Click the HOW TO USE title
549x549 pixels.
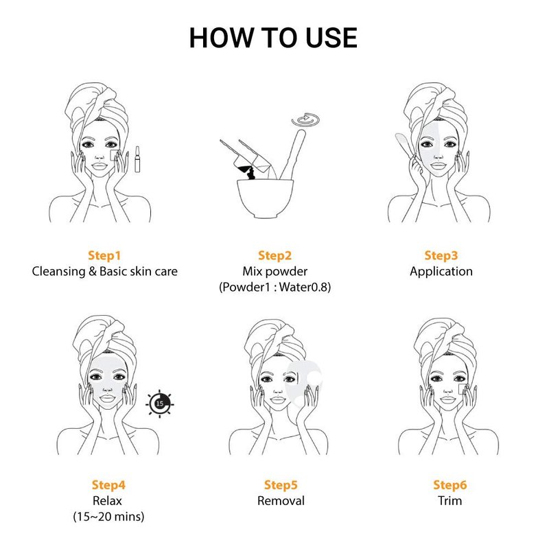pyautogui.click(x=273, y=38)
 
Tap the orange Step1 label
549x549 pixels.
pyautogui.click(x=104, y=255)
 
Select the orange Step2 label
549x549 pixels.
pyautogui.click(x=275, y=255)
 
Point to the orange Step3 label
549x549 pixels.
pyautogui.click(x=441, y=255)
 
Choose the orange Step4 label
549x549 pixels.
pyautogui.click(x=108, y=485)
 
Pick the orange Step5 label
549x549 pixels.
pyautogui.click(x=281, y=485)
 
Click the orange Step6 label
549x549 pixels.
pyautogui.click(x=450, y=485)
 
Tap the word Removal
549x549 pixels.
pyautogui.click(x=281, y=501)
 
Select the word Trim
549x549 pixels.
pyautogui.click(x=450, y=501)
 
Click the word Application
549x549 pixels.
pyautogui.click(x=441, y=272)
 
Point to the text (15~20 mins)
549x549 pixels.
pyautogui.click(x=108, y=517)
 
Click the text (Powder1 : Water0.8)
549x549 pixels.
pyautogui.click(x=275, y=288)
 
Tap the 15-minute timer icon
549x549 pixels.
pyautogui.click(x=160, y=404)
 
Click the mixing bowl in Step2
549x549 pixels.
pyautogui.click(x=265, y=198)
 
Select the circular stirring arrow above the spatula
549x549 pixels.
pyautogui.click(x=305, y=119)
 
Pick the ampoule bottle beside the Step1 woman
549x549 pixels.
pyautogui.click(x=138, y=159)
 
